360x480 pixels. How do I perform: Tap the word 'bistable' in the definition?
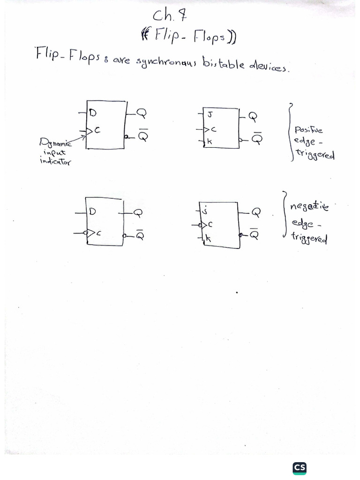coord(223,63)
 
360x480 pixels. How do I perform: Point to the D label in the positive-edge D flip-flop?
coord(92,112)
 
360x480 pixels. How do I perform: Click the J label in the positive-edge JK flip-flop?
coord(210,115)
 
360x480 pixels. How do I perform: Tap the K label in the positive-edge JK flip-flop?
coord(210,142)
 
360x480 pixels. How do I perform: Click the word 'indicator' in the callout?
coord(55,161)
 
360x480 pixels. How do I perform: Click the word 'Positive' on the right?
coord(308,130)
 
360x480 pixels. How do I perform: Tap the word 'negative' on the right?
coord(309,206)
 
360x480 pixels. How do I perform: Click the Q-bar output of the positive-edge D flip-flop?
coord(142,135)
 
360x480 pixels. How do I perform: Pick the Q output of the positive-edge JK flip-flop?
coord(253,116)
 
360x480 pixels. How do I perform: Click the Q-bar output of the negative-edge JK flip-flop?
coord(255,233)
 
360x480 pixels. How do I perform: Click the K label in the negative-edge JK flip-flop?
coord(208,239)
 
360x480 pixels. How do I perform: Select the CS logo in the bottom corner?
coord(300,468)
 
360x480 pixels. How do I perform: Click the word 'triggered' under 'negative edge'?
coord(309,238)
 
